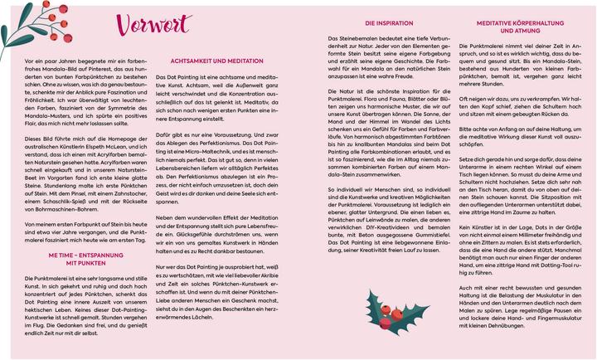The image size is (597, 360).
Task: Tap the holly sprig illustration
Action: click(384, 311)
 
